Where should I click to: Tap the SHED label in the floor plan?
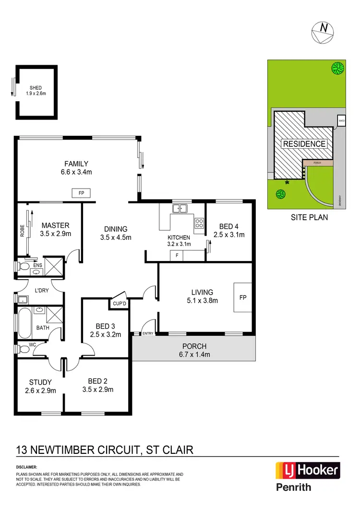click(x=36, y=87)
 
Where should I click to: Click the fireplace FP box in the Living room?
click(x=242, y=297)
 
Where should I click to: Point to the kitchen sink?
click(x=180, y=209)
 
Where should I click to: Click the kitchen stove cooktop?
click(x=199, y=223)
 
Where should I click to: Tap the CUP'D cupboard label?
click(x=119, y=303)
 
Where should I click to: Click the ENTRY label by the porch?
click(x=147, y=333)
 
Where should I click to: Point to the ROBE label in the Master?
click(x=22, y=231)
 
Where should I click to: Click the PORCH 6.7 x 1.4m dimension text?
click(x=194, y=355)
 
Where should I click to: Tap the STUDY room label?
click(x=40, y=382)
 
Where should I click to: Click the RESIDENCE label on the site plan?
click(x=304, y=143)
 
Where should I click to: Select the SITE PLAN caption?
click(x=310, y=217)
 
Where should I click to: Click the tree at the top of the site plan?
click(x=337, y=69)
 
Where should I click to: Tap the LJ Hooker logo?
click(x=307, y=470)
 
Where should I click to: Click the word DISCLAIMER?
click(x=26, y=466)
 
